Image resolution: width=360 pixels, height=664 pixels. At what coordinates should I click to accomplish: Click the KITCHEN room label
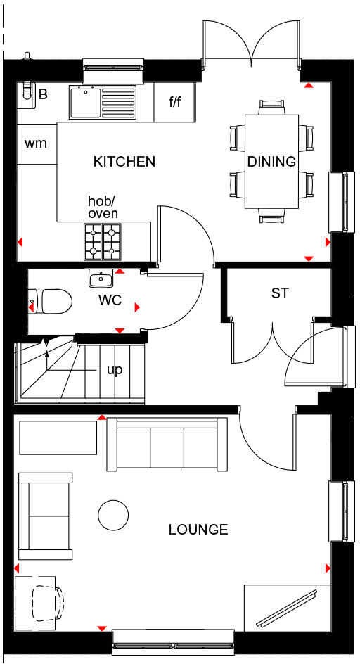tap(124, 162)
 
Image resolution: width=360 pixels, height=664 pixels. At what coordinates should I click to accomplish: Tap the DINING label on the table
tap(271, 162)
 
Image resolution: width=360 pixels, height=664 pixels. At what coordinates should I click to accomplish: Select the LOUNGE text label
tap(198, 530)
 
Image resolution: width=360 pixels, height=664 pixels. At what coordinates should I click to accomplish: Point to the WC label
tap(110, 301)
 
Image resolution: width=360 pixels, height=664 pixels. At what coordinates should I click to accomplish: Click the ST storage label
tap(280, 293)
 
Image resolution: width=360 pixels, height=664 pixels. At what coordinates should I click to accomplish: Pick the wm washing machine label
tap(35, 143)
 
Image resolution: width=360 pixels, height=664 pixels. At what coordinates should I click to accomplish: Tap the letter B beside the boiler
tap(43, 94)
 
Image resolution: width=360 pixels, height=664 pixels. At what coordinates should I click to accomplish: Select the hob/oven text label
tap(103, 207)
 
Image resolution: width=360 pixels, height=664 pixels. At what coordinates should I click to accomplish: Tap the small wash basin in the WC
tap(101, 279)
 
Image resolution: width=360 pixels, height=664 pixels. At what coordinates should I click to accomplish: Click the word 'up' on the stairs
tap(113, 369)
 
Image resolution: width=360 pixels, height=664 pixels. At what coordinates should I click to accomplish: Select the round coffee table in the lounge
tap(113, 516)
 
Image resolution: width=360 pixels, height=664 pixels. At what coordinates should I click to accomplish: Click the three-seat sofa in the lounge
tap(167, 444)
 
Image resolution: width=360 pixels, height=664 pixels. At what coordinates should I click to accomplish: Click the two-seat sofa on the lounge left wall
tap(45, 516)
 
